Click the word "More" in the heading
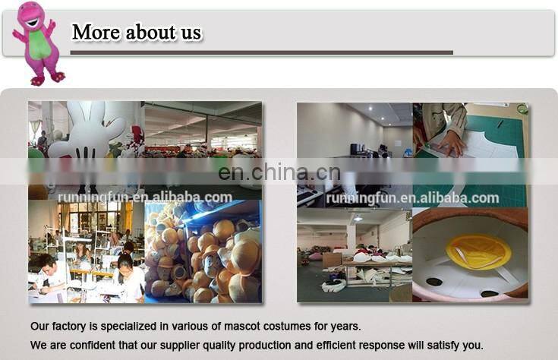96,33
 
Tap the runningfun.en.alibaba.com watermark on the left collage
145,197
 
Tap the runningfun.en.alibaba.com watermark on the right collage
412,198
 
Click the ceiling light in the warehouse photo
357,218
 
